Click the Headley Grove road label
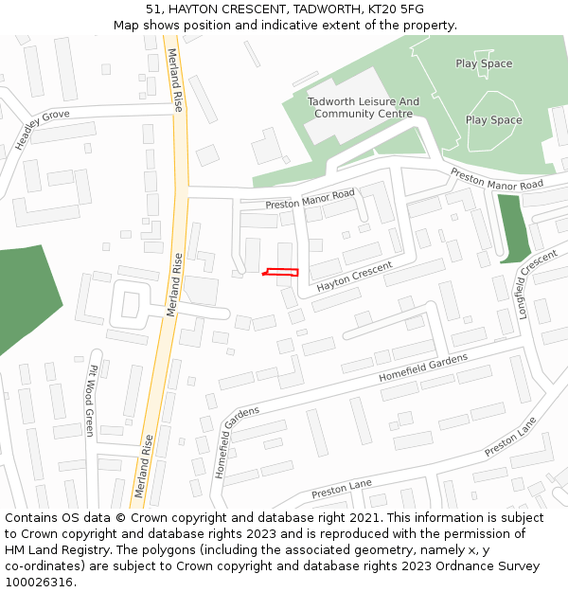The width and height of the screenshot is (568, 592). click(42, 130)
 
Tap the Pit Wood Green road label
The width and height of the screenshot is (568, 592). click(91, 401)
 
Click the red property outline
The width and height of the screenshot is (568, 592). click(281, 272)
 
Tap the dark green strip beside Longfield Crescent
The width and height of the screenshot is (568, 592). click(513, 227)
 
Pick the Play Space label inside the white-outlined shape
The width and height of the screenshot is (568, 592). click(493, 120)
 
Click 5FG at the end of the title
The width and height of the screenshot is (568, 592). click(412, 9)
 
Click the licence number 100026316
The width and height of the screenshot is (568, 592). click(39, 583)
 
